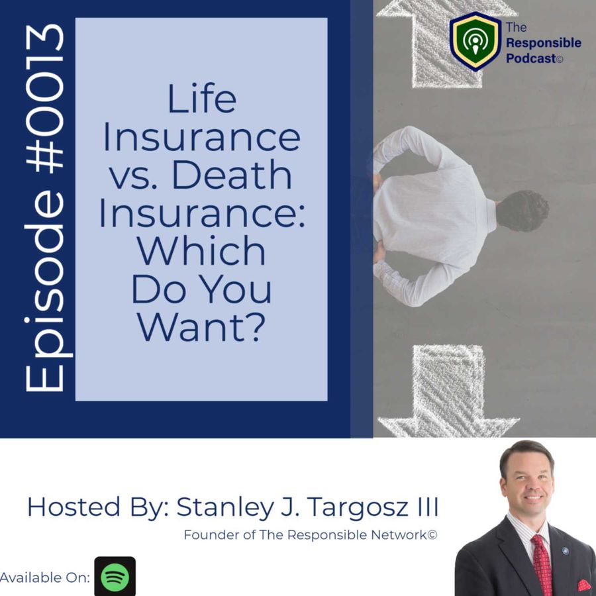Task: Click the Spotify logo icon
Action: pos(115,576)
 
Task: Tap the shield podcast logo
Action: pos(475,41)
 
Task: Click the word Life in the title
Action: pos(202,99)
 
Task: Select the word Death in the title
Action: pos(232,175)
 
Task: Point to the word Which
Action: pos(201,250)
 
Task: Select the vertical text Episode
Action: pos(45,291)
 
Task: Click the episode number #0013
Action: pos(44,98)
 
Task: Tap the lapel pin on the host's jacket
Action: pos(565,551)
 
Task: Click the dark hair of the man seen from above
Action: pos(522,211)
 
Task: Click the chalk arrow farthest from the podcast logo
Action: pos(448,391)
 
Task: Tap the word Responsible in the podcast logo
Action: pos(544,43)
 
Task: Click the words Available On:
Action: pos(45,577)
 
